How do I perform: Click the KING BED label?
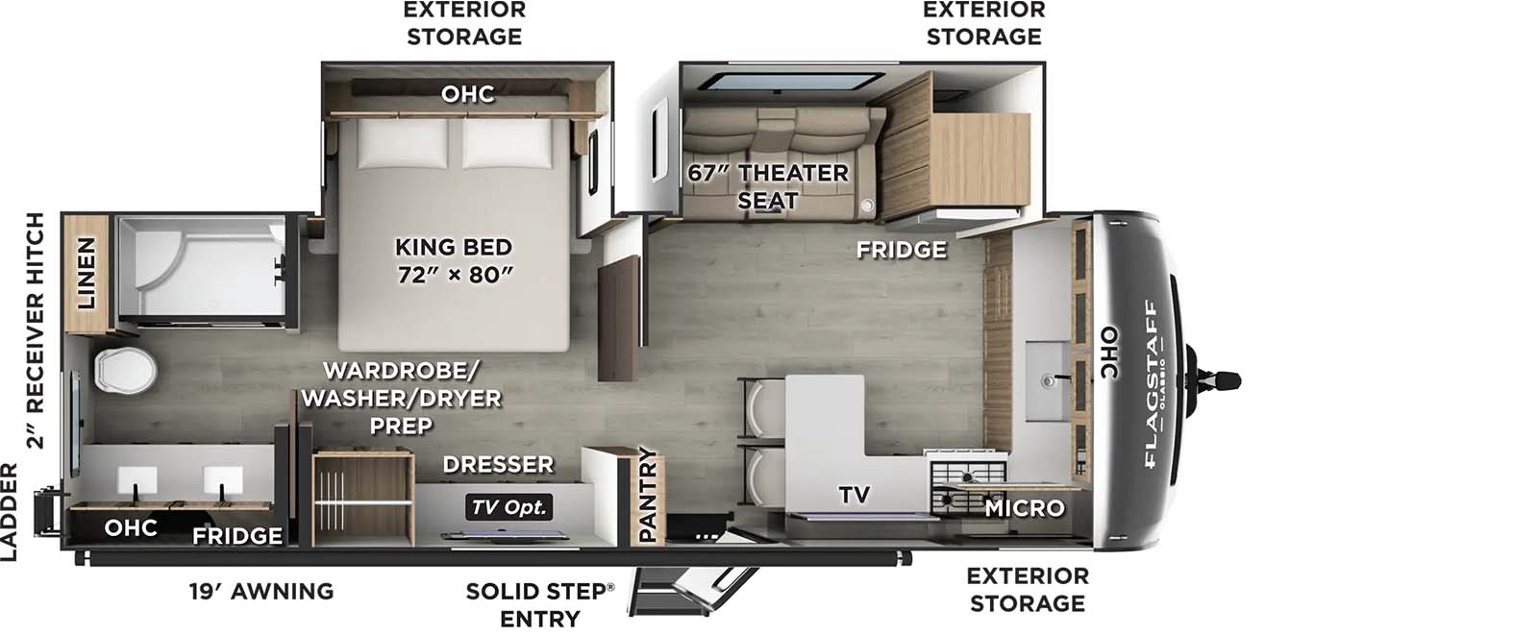pos(454,247)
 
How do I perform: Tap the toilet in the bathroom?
pos(125,371)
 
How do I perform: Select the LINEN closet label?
pos(86,273)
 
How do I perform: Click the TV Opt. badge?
pos(509,507)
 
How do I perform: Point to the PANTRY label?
pos(648,494)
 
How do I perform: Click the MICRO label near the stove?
pos(1025,508)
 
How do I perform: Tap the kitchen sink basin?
pos(1047,381)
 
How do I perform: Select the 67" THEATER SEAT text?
pos(768,186)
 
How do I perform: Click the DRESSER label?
pos(498,464)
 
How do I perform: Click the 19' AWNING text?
pos(261,591)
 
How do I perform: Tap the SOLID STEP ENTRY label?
pos(540,605)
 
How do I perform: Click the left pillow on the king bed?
pos(403,144)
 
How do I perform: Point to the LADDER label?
pos(9,511)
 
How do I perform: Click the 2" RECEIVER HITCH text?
pos(35,330)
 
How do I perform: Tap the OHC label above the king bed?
pos(467,93)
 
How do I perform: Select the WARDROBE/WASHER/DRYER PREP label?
pos(401,398)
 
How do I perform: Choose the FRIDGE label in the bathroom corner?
pos(236,535)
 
